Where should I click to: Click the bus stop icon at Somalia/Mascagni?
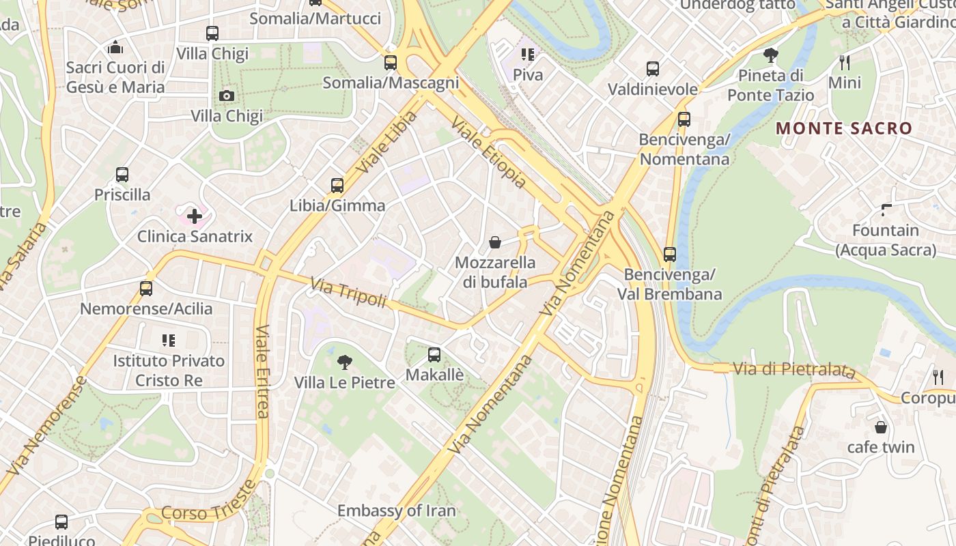pyautogui.click(x=391, y=63)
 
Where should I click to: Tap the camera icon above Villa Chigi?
pyautogui.click(x=227, y=96)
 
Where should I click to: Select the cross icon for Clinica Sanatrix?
pyautogui.click(x=195, y=217)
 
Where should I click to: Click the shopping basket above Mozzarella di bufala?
pyautogui.click(x=495, y=242)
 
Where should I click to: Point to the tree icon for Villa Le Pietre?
pyautogui.click(x=345, y=362)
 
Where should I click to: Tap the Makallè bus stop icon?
pyautogui.click(x=434, y=355)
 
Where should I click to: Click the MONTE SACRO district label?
pyautogui.click(x=844, y=128)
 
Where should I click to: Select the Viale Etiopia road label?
pyautogui.click(x=490, y=152)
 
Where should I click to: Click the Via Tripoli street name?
pyautogui.click(x=349, y=293)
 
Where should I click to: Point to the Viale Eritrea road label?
pyautogui.click(x=263, y=371)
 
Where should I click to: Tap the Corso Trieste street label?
pyautogui.click(x=209, y=502)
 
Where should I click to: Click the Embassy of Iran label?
pyautogui.click(x=397, y=511)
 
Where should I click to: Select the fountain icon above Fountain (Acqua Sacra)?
pyautogui.click(x=886, y=210)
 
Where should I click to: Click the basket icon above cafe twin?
pyautogui.click(x=881, y=427)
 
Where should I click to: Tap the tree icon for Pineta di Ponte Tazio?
pyautogui.click(x=771, y=55)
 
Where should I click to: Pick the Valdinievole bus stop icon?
pyautogui.click(x=653, y=69)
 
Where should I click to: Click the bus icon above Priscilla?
pyautogui.click(x=122, y=175)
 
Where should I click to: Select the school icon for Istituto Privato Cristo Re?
pyautogui.click(x=169, y=340)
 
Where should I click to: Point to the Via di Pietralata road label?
pyautogui.click(x=794, y=370)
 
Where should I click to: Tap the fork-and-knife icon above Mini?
pyautogui.click(x=845, y=63)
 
